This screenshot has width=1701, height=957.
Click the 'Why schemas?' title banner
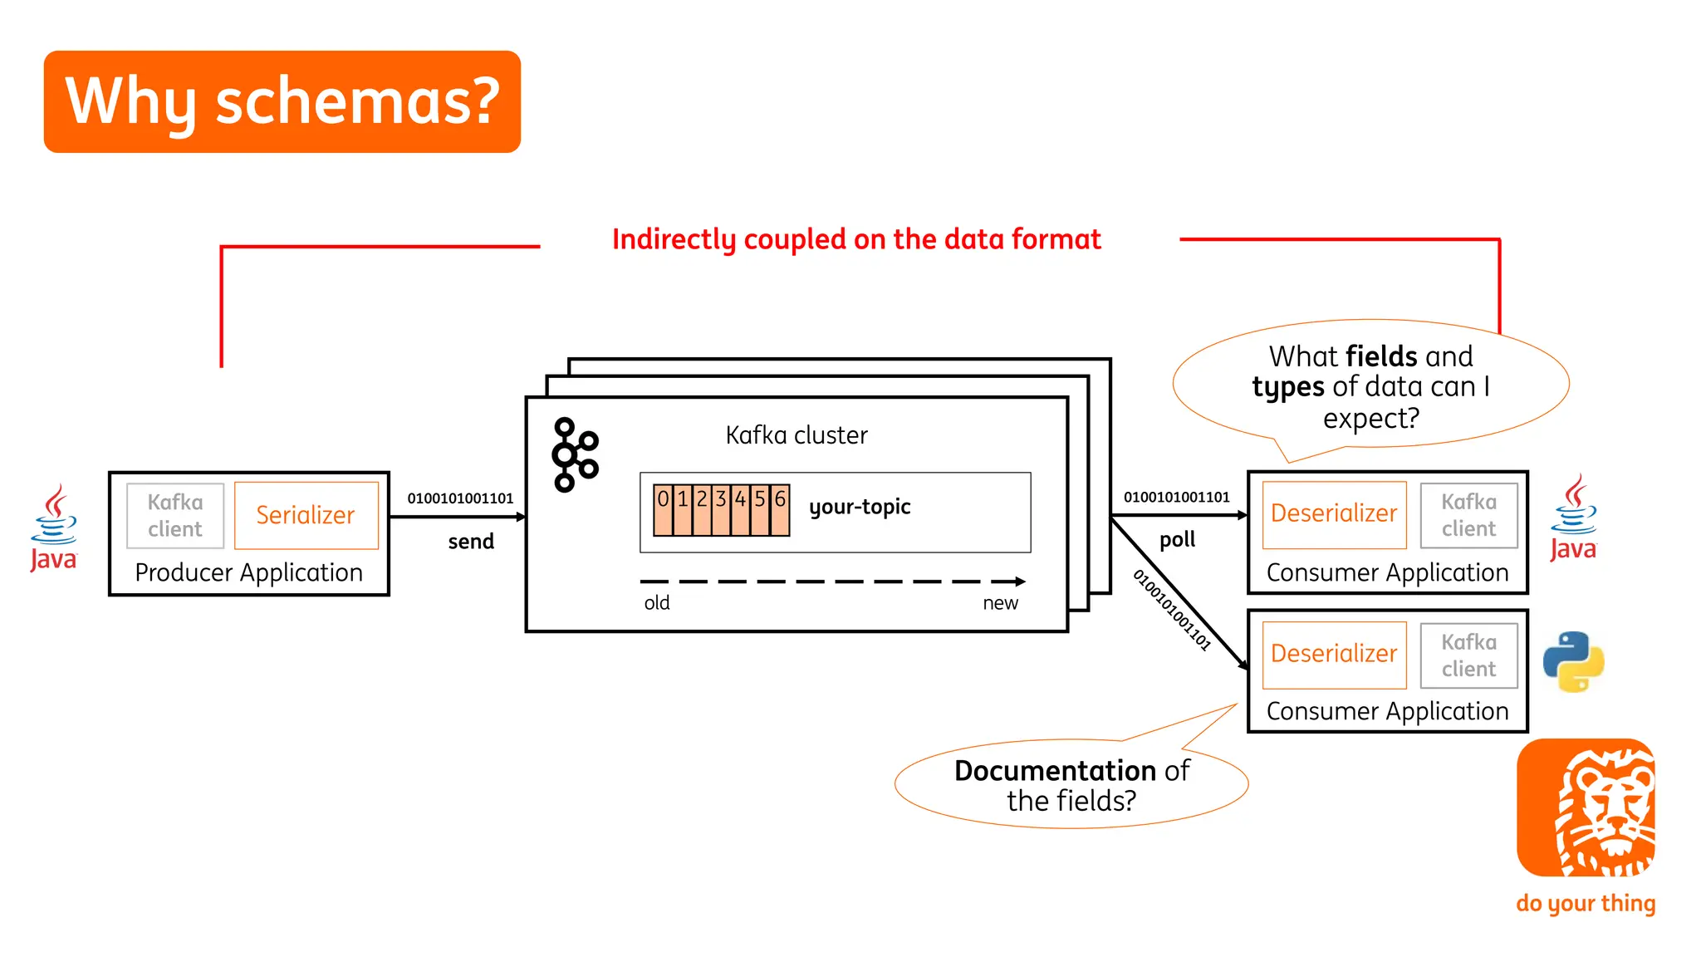282,101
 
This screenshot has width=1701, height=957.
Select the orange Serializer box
306,515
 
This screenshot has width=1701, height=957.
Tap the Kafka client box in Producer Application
175,515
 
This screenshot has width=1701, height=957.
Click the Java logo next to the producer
53,528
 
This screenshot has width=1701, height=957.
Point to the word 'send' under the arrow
471,542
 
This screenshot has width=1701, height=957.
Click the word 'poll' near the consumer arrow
1177,540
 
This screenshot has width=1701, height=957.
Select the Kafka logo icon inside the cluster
575,454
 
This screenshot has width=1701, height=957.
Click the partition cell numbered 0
663,509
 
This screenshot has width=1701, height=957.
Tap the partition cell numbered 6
780,509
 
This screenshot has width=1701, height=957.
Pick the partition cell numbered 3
721,509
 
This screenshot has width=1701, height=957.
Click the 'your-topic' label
860,507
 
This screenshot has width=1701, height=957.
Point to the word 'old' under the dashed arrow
656,603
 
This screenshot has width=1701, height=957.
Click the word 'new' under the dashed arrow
1000,603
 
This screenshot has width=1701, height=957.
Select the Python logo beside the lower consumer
1573,662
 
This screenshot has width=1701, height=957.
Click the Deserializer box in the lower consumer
1334,655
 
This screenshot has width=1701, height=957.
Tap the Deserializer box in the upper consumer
1334,514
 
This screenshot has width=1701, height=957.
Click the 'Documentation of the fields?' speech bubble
1071,785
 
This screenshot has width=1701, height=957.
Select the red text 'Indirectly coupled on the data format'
856,239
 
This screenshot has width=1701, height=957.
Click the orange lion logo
1586,807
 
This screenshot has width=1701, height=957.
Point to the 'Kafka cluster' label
796,435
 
